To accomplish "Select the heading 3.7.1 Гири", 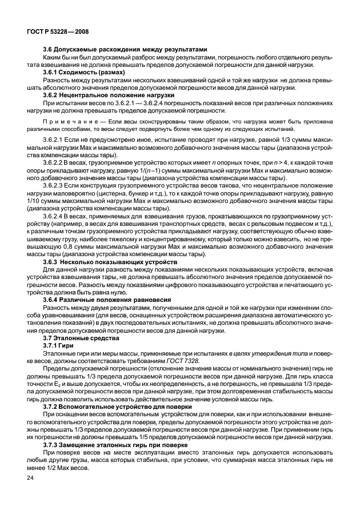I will pyautogui.click(x=60, y=346).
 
